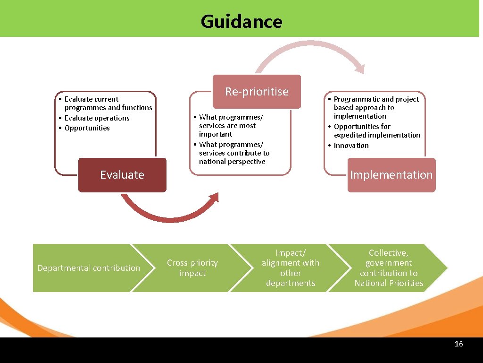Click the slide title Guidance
241,22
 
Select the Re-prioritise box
257,92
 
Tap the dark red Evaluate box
122,175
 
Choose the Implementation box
391,175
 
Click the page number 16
458,344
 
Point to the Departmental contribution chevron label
89,268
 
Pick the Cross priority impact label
192,268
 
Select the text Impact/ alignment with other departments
291,268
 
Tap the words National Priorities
389,283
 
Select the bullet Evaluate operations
97,118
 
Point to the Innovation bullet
351,146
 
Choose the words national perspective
232,162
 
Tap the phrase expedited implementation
377,135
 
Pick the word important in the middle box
216,134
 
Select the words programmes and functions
108,108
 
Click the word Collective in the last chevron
388,253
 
